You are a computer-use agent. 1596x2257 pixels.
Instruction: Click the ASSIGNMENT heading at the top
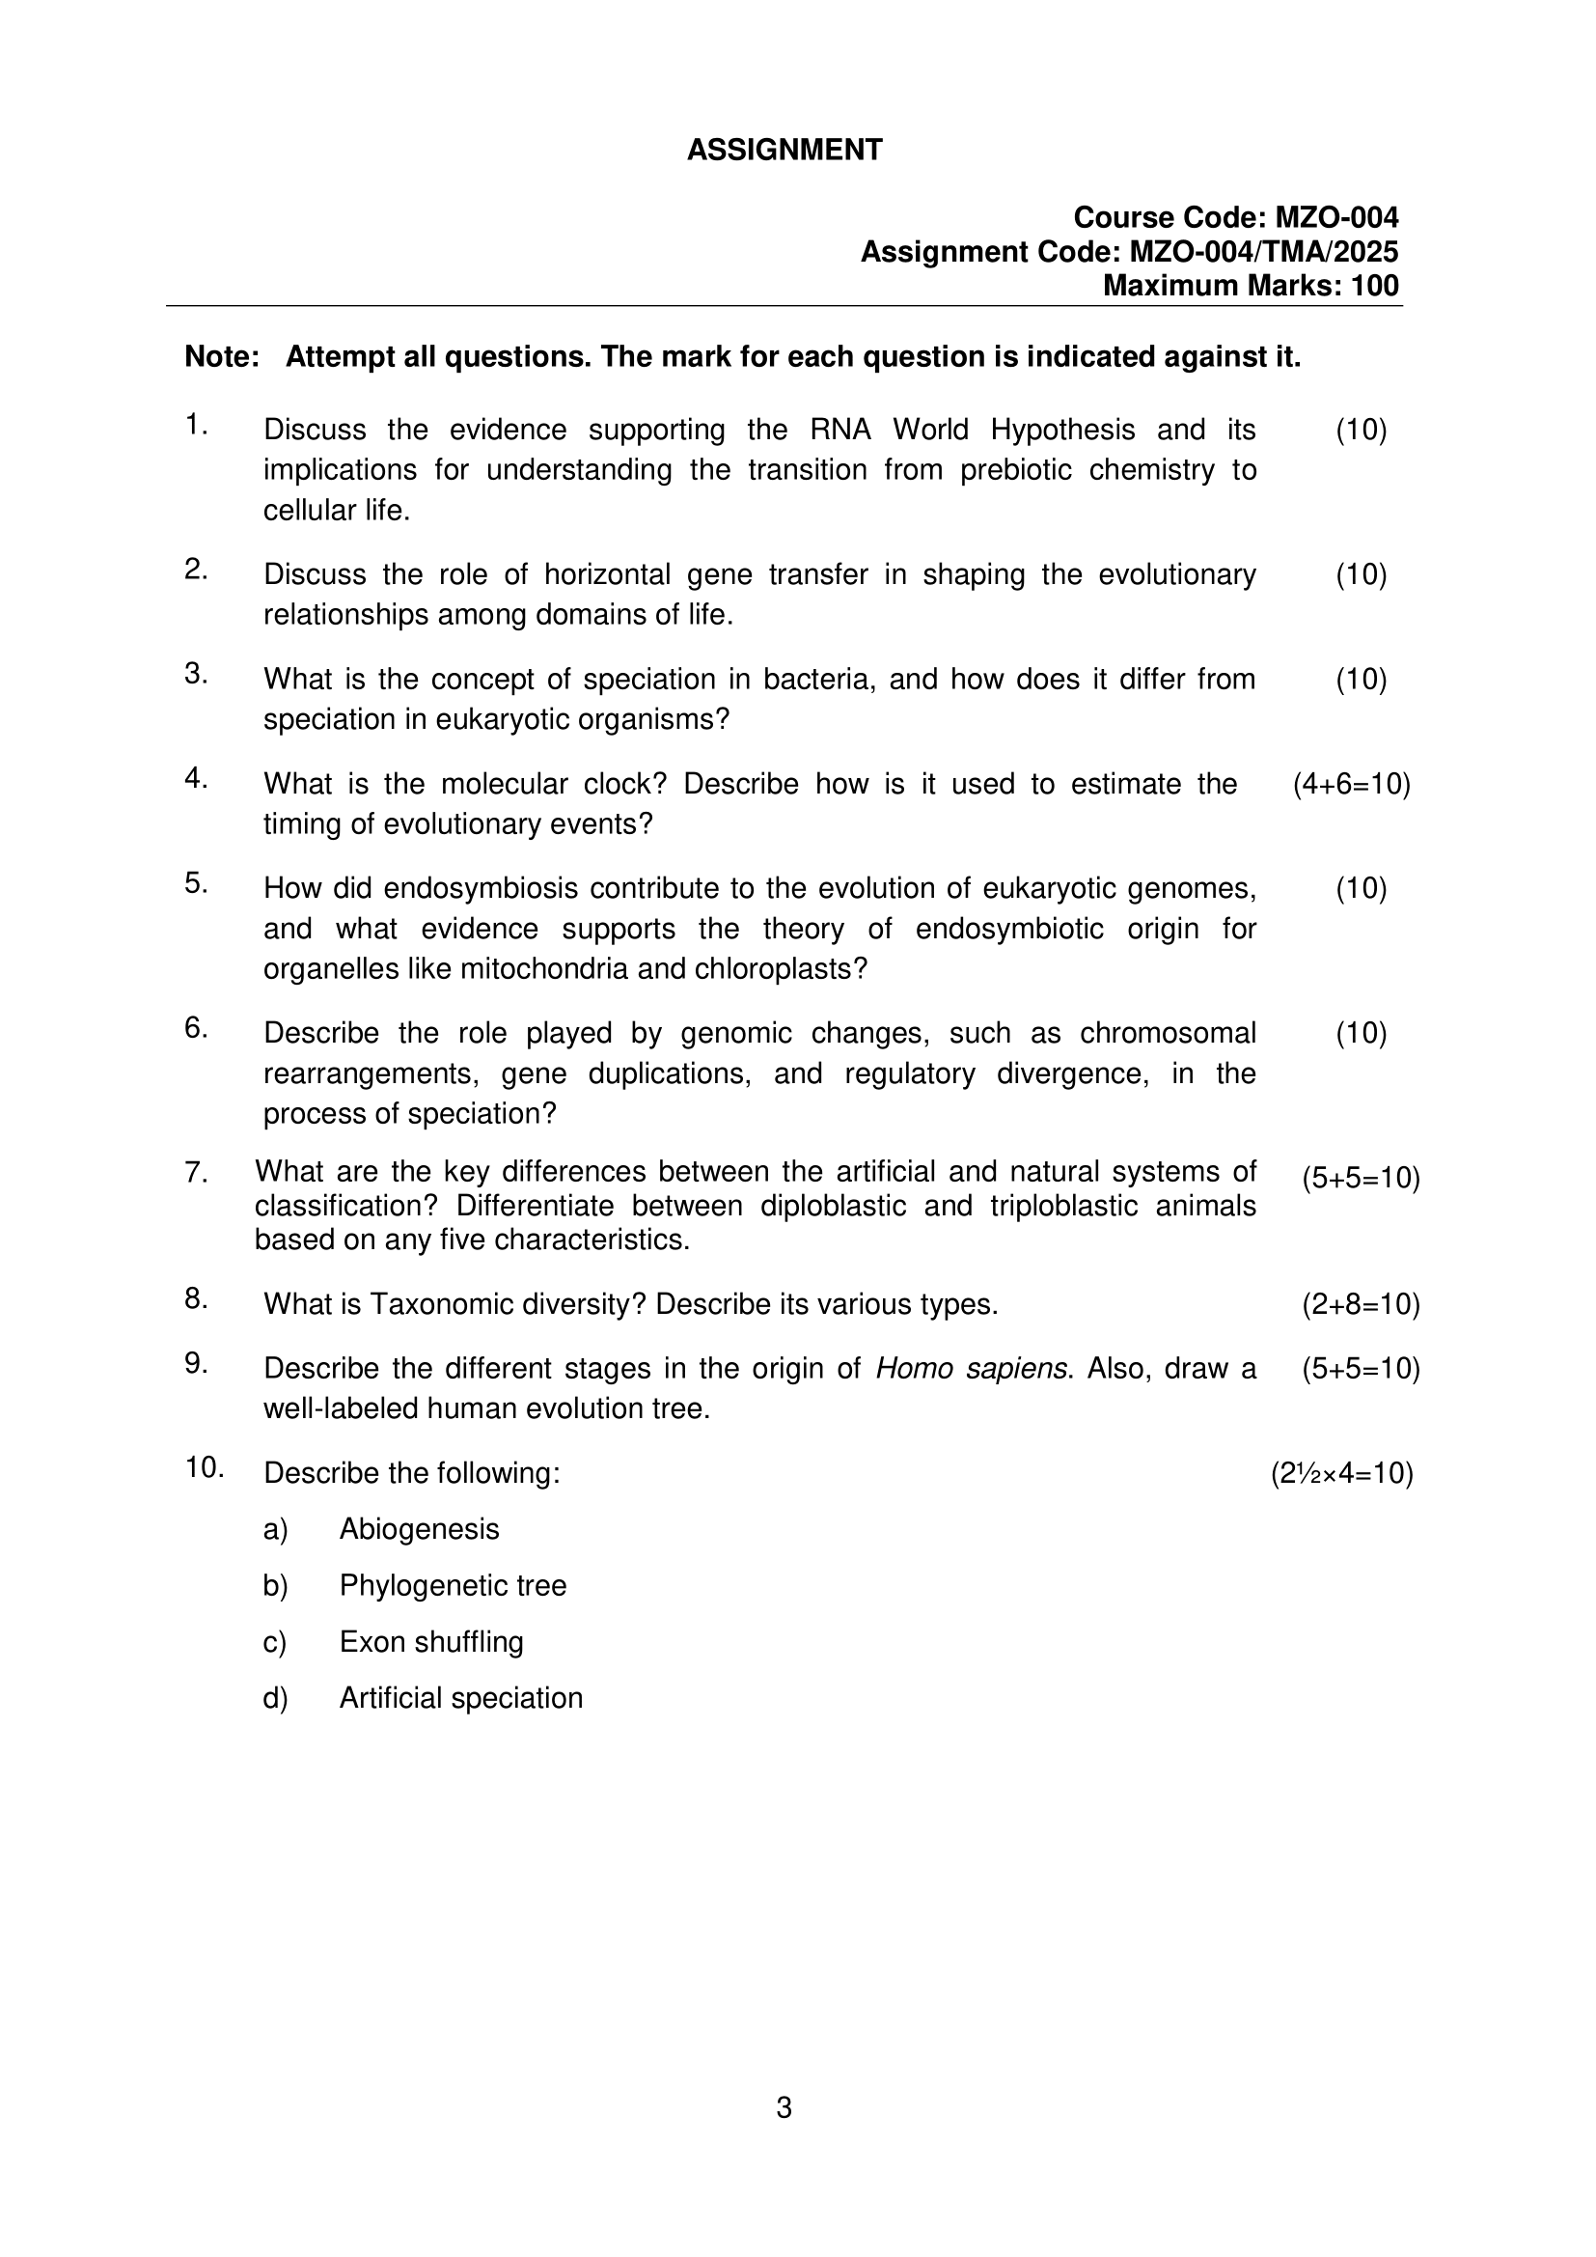point(784,151)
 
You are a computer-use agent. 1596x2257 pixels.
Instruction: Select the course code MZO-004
point(1336,217)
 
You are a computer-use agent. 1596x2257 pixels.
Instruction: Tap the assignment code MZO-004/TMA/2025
point(1264,252)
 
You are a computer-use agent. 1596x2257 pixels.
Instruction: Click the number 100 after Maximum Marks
point(1375,286)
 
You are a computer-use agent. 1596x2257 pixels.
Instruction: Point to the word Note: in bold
point(222,357)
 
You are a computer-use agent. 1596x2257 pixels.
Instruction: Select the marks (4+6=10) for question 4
point(1351,784)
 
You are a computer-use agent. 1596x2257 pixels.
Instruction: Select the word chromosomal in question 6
point(1168,1033)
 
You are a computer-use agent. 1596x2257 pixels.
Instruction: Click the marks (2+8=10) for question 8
point(1361,1304)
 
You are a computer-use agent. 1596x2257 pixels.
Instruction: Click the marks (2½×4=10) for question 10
point(1341,1473)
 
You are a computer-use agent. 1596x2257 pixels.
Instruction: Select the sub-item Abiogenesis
point(419,1529)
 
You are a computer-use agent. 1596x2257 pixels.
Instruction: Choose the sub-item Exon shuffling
point(430,1642)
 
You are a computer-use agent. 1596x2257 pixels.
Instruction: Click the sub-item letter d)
point(275,1699)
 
